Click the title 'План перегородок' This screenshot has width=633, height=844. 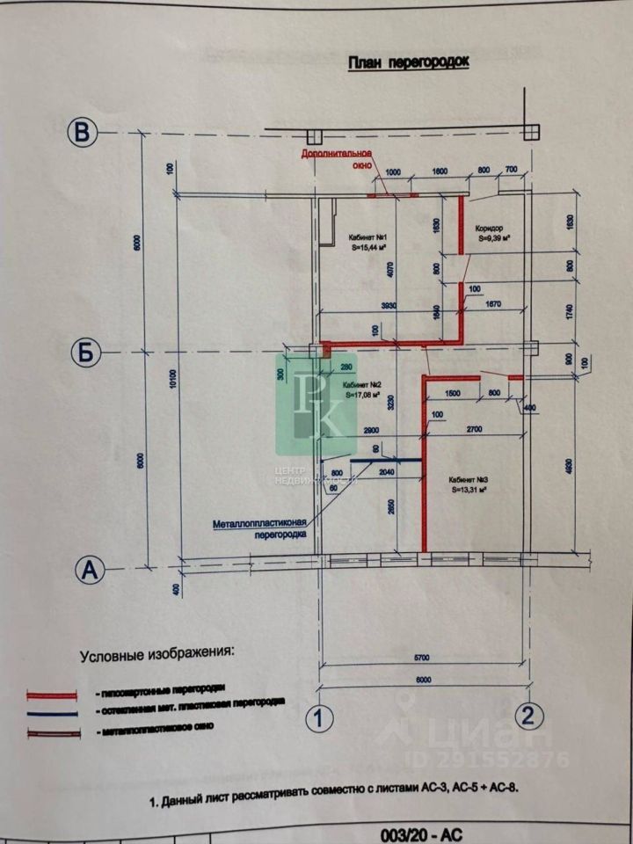point(409,62)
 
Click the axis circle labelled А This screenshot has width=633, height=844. point(88,570)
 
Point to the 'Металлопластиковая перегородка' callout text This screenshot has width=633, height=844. point(263,529)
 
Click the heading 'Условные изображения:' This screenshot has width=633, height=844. point(158,655)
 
